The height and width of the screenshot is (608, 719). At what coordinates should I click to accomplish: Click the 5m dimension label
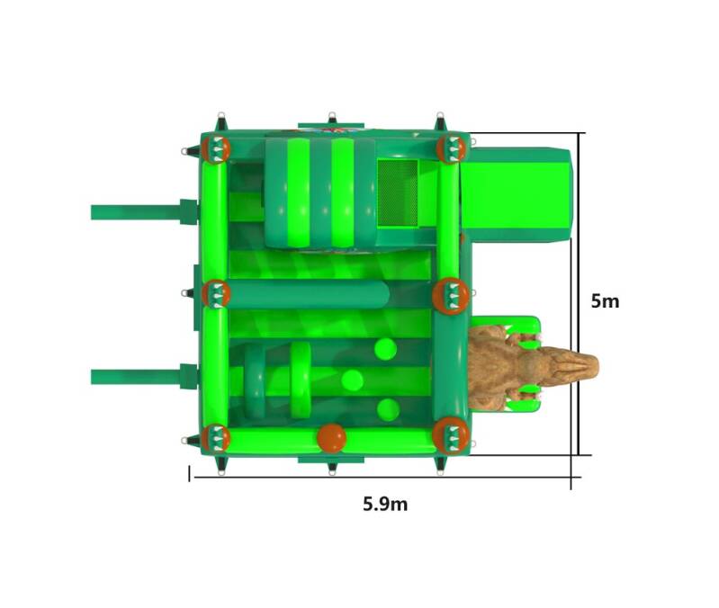(x=605, y=301)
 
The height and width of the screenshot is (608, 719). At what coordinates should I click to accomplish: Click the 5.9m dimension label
(x=385, y=504)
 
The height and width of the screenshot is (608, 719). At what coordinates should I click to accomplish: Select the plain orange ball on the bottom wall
(x=331, y=439)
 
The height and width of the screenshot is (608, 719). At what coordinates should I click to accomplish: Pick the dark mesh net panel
(x=398, y=192)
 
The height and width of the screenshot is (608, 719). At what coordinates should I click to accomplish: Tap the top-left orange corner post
(x=215, y=149)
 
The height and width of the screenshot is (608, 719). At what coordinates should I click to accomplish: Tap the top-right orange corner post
(x=451, y=149)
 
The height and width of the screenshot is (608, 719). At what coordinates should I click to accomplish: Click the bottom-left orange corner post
(x=215, y=438)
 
